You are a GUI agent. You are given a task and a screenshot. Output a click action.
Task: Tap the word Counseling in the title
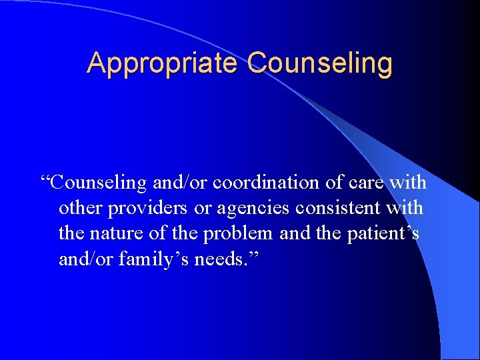pos(320,64)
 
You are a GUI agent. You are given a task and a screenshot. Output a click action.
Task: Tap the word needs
pos(216,259)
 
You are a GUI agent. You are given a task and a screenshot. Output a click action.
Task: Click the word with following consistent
pos(405,208)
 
